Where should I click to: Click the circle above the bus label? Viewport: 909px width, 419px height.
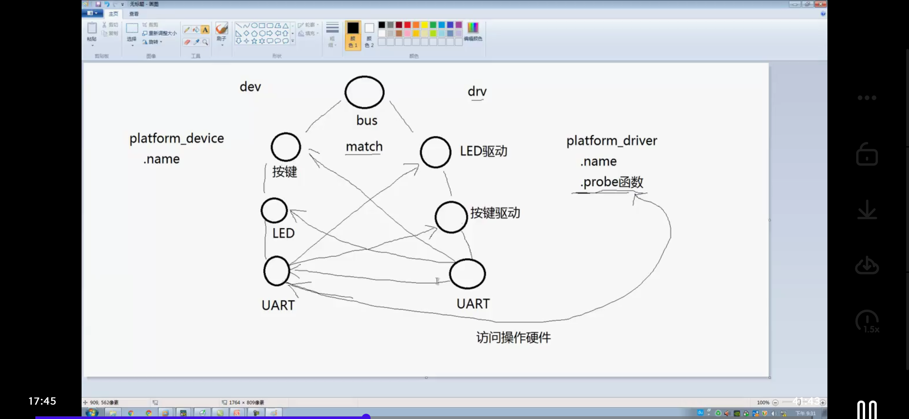click(364, 92)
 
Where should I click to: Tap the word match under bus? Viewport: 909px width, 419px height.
click(364, 147)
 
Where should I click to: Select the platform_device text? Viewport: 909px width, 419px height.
click(176, 139)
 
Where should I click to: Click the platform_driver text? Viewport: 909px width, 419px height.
click(611, 140)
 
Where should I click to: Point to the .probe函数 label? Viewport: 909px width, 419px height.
click(611, 182)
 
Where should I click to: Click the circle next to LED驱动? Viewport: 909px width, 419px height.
click(435, 152)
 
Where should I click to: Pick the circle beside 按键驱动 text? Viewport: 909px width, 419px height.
click(451, 217)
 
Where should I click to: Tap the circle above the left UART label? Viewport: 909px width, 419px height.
click(277, 271)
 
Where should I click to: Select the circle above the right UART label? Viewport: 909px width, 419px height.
click(467, 274)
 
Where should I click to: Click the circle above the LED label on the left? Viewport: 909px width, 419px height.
click(274, 211)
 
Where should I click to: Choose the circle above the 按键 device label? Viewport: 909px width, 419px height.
click(286, 147)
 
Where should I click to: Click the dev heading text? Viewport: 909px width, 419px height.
click(250, 87)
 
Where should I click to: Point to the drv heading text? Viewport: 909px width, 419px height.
click(477, 92)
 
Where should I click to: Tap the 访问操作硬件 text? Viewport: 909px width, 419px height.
click(513, 338)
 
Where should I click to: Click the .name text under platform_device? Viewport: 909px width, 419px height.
click(161, 159)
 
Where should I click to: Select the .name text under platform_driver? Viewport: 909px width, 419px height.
click(598, 161)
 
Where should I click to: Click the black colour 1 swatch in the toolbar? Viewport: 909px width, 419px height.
click(353, 28)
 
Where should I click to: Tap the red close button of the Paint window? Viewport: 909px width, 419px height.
click(820, 4)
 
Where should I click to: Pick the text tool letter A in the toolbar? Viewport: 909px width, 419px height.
click(205, 30)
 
